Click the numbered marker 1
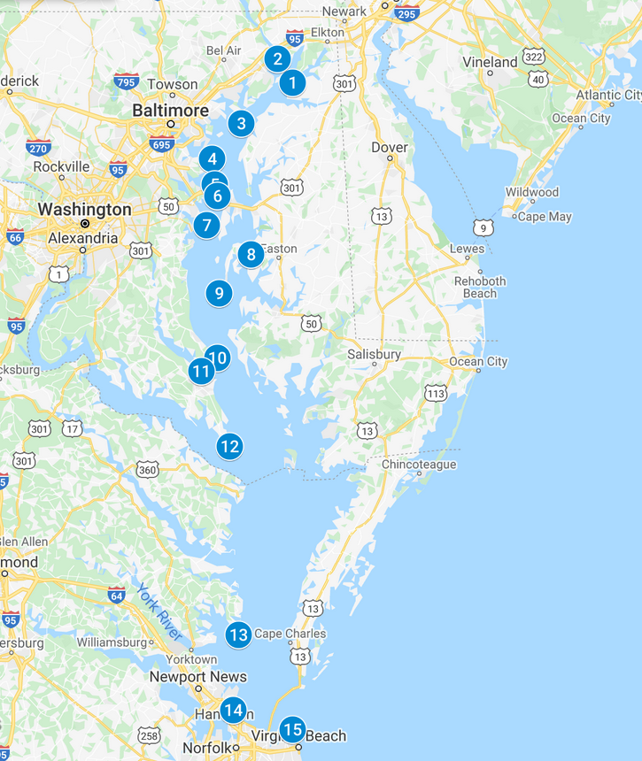click(x=291, y=83)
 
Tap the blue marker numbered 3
click(x=241, y=123)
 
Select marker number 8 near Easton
click(x=251, y=255)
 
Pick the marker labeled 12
click(x=229, y=446)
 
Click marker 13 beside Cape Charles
click(x=238, y=634)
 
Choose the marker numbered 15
click(x=291, y=730)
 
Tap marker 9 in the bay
click(x=219, y=292)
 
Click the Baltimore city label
click(x=170, y=111)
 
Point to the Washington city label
click(x=84, y=210)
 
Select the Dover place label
click(x=390, y=147)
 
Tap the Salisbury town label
click(x=374, y=354)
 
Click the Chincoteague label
click(x=419, y=465)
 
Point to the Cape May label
click(x=545, y=217)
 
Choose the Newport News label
click(x=197, y=677)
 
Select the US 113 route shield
click(x=435, y=392)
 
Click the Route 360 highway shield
click(x=147, y=469)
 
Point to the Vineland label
click(x=490, y=62)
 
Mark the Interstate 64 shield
click(x=117, y=595)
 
